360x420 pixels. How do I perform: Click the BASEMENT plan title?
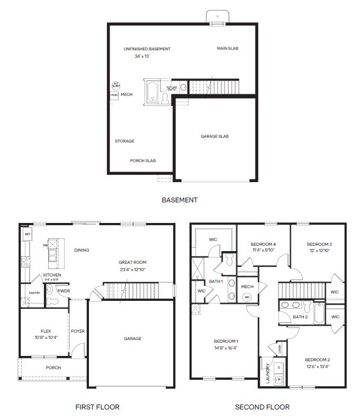tap(179, 200)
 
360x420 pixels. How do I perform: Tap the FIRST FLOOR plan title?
tap(97, 407)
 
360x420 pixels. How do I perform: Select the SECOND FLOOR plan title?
tap(263, 407)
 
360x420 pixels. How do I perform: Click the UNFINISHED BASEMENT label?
tap(147, 49)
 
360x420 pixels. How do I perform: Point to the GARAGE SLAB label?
tap(214, 136)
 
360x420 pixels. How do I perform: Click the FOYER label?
tap(78, 331)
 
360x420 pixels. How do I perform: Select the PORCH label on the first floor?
tap(53, 368)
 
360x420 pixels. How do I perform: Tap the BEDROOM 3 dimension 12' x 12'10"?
tap(319, 251)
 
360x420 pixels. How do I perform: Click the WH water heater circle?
tap(247, 297)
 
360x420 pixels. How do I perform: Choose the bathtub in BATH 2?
tap(318, 314)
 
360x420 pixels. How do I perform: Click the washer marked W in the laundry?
tap(279, 379)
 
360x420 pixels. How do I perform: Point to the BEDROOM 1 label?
tap(226, 341)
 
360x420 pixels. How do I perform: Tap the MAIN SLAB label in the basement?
tap(228, 48)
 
